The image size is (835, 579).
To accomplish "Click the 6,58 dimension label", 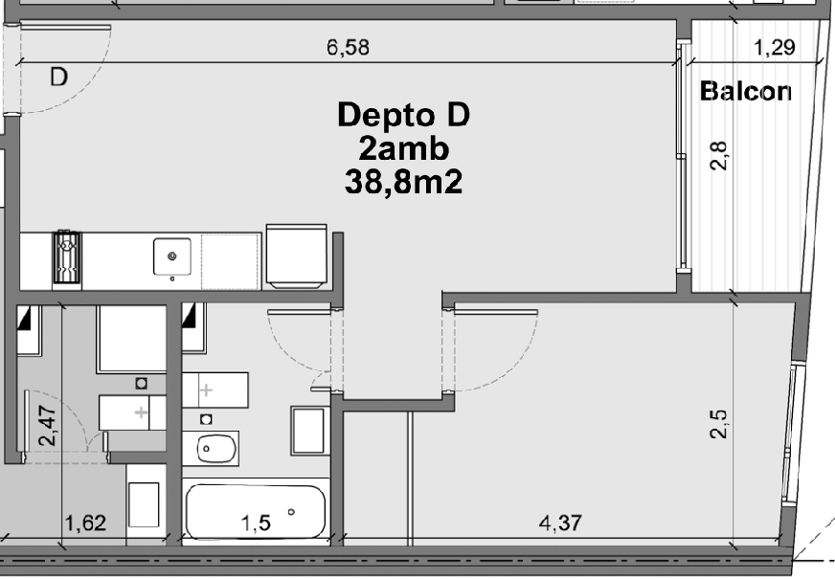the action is click(348, 47).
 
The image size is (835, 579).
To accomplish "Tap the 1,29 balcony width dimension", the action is click(775, 47).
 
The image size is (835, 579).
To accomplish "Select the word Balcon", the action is click(746, 91).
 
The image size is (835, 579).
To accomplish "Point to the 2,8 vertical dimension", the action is click(719, 155).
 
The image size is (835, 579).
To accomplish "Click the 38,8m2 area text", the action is click(403, 182).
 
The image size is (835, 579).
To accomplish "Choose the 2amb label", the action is click(404, 149).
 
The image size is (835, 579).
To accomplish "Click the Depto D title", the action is click(404, 115).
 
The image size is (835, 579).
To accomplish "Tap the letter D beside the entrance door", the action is click(59, 78).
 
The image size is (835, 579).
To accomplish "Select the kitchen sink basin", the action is click(172, 256).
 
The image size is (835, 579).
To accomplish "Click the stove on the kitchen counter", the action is click(67, 258).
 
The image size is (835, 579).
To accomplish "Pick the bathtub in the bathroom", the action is click(256, 511).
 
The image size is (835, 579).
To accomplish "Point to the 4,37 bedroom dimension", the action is click(560, 523).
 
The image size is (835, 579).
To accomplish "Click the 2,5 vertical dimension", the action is click(719, 424).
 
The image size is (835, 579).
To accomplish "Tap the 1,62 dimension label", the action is click(85, 523).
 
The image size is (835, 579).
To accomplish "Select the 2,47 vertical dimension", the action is click(47, 426).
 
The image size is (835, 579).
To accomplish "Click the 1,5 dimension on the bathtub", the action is click(256, 523).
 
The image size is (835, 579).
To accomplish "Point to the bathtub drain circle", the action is click(291, 512).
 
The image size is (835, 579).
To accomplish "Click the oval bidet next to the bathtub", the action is click(216, 449).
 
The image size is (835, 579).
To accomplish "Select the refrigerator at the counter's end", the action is click(296, 256).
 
